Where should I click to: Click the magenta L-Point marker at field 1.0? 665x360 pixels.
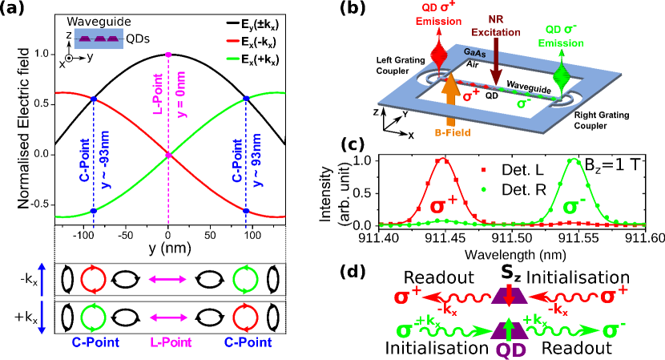168,54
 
